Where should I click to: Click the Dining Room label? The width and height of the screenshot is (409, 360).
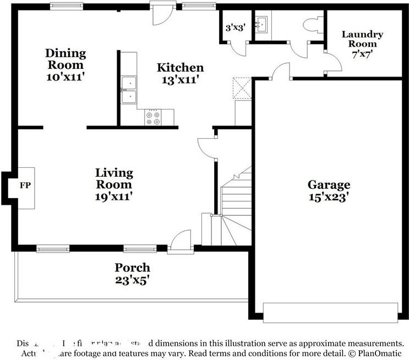pos(66,53)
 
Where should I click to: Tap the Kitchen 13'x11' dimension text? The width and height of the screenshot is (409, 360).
pos(180,79)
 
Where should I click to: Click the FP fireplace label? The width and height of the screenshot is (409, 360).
pos(25,186)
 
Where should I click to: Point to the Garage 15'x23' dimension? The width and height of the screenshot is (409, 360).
pos(329,197)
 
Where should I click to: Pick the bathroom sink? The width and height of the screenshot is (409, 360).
pos(263,24)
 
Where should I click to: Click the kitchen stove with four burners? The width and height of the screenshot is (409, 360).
pos(153,117)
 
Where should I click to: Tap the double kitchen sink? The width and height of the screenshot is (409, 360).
pos(129,90)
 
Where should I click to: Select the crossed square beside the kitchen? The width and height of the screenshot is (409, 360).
pos(242,86)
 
